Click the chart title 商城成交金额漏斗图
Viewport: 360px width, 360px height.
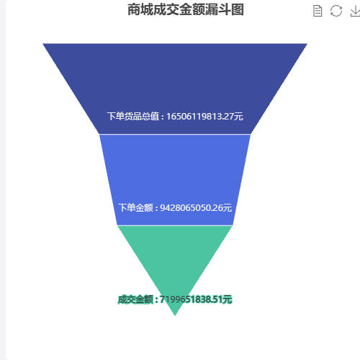(x=186, y=10)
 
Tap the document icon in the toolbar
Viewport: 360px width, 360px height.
(x=318, y=11)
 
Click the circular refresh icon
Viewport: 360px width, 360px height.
(x=336, y=11)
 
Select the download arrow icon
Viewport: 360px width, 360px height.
(x=356, y=11)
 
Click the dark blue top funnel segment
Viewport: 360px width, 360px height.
(x=175, y=81)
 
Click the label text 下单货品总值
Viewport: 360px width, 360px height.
(x=133, y=117)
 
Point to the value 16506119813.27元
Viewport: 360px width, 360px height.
(x=204, y=117)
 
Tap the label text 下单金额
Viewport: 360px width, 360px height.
(x=136, y=208)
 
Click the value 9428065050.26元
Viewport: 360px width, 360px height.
(x=196, y=208)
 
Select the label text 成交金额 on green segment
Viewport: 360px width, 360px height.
(x=135, y=300)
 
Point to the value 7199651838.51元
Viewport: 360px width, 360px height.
(x=196, y=300)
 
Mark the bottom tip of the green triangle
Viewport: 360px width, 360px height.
(x=175, y=315)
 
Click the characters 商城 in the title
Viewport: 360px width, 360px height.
(x=140, y=10)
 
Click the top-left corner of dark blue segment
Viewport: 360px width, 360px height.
(x=42, y=44)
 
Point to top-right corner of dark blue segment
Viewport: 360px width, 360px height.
(x=307, y=44)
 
